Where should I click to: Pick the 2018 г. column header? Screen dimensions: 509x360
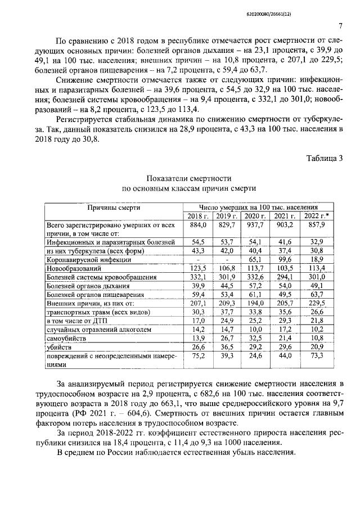coord(197,216)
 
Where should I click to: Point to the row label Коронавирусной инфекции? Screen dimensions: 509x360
coord(89,260)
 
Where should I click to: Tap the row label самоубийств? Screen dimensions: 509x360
coord(67,340)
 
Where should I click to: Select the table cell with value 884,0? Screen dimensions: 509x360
coord(197,225)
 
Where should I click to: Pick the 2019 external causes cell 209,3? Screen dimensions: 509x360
coord(227,304)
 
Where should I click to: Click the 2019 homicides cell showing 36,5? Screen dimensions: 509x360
coord(227,349)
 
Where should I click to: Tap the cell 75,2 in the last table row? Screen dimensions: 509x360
coord(197,358)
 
